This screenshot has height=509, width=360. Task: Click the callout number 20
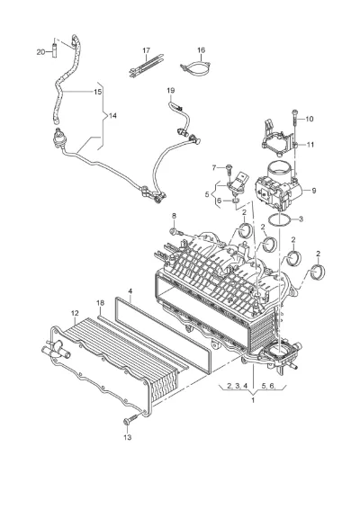pos(40,52)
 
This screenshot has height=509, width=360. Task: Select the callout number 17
pos(146,50)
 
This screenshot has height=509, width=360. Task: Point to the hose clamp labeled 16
pos(196,67)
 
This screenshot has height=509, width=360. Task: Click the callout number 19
pos(171,90)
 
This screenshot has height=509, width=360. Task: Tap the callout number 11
pos(310,144)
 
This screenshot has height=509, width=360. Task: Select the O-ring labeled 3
pos(279,219)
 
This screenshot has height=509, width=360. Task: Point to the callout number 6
pos(220,201)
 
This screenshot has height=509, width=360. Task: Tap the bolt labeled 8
pos(175,231)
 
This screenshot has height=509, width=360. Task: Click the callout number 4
pos(130,291)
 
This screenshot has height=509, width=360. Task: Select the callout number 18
pos(101,302)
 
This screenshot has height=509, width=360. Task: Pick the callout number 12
pos(75,313)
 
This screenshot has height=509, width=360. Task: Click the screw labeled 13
pos(130,419)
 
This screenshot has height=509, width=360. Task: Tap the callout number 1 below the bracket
pos(253,400)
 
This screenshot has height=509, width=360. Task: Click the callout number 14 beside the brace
pos(112,116)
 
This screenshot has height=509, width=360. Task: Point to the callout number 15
pos(98,92)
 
